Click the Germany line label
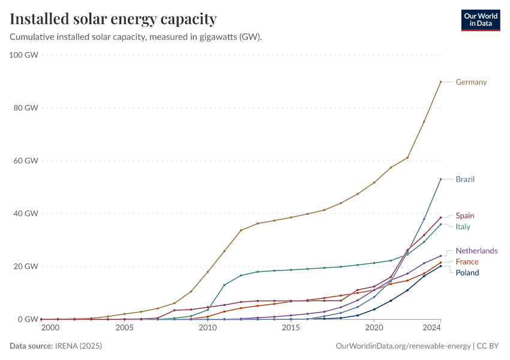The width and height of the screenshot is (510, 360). tap(471, 82)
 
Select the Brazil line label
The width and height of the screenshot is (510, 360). tap(465, 179)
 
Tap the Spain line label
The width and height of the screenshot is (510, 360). tap(465, 216)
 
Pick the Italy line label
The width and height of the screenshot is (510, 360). tap(463, 227)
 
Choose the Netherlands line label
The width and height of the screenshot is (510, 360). tap(476, 251)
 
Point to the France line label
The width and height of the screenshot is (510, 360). tap(467, 262)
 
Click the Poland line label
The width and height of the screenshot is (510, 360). tap(467, 273)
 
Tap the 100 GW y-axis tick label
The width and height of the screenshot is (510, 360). tap(24, 55)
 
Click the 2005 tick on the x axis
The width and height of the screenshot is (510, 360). tap(125, 328)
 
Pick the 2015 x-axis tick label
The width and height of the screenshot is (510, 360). tap(291, 328)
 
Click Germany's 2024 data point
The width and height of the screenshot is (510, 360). tap(441, 82)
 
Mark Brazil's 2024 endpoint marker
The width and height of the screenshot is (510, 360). tap(441, 179)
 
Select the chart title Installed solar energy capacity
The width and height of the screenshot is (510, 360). tap(113, 19)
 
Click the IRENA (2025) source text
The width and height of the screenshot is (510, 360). tap(78, 346)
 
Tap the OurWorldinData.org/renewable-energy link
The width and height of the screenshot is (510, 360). tap(403, 346)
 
